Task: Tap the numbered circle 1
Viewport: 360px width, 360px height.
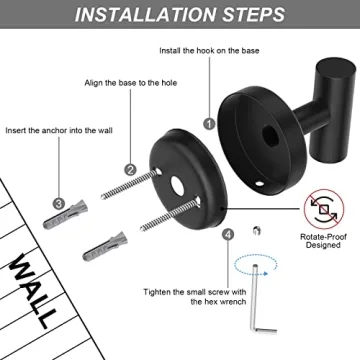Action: pyautogui.click(x=209, y=123)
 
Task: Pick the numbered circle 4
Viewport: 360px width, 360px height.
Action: pyautogui.click(x=229, y=234)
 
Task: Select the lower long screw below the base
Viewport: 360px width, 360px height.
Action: pyautogui.click(x=165, y=240)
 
